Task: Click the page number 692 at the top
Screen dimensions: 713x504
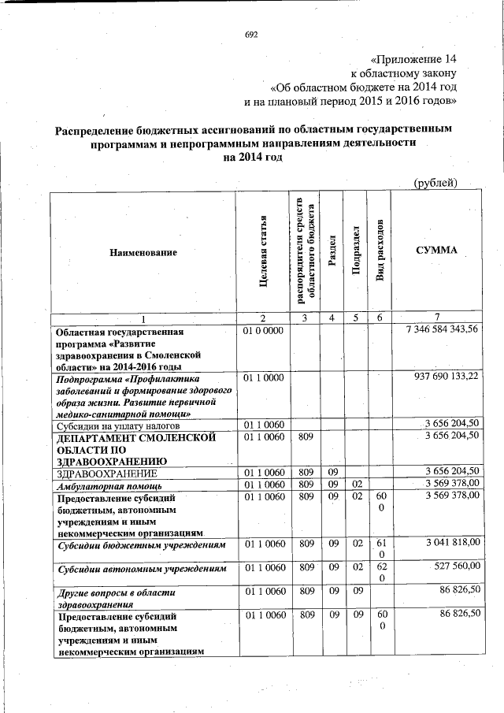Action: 251,35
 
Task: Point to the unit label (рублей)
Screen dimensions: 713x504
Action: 435,184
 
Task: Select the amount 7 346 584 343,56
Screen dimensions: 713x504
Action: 441,329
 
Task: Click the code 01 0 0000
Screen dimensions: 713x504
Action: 264,329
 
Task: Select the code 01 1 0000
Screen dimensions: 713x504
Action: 264,378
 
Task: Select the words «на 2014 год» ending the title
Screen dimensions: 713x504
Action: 252,158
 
